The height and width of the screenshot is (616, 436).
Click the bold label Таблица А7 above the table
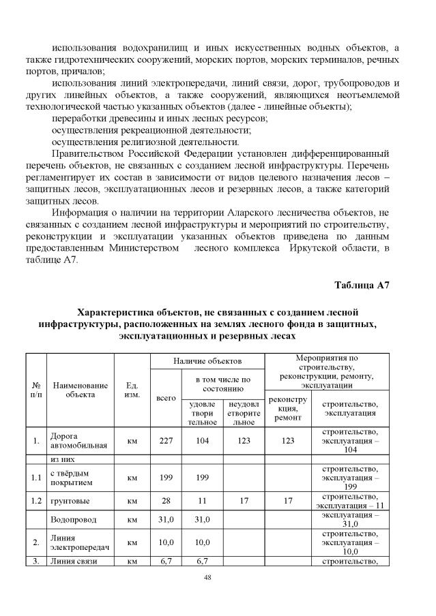pyautogui.click(x=362, y=285)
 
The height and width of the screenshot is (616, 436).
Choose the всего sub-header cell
pyautogui.click(x=166, y=397)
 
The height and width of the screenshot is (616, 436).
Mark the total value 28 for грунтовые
pyautogui.click(x=166, y=503)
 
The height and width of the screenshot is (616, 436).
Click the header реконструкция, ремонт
pyautogui.click(x=287, y=407)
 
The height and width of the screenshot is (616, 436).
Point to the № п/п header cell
pyautogui.click(x=36, y=390)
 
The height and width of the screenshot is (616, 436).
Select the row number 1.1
pyautogui.click(x=36, y=478)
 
